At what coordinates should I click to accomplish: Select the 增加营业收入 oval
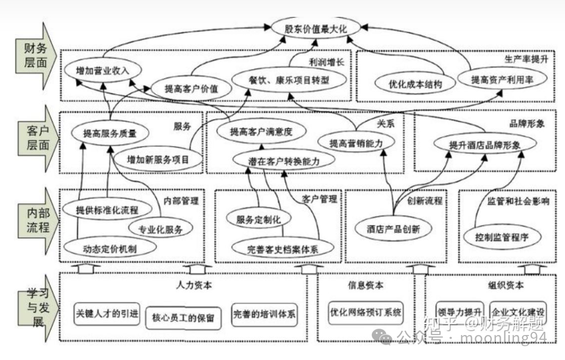(102, 70)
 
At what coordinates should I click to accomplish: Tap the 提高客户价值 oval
(192, 88)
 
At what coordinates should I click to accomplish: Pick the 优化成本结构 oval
(415, 83)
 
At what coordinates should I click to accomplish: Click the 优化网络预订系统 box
(366, 312)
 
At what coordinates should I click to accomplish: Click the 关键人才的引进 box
(107, 313)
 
